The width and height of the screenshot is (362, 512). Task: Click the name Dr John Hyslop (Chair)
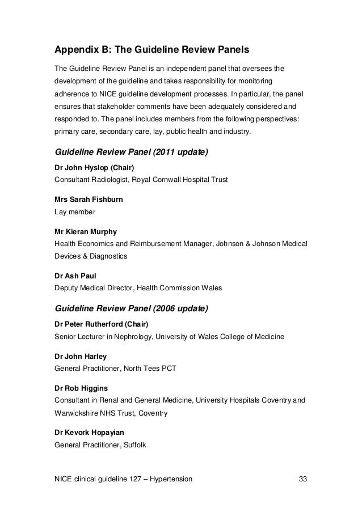pyautogui.click(x=94, y=167)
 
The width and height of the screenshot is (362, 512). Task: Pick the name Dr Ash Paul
pyautogui.click(x=71, y=276)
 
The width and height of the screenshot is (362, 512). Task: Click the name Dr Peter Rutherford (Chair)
pyautogui.click(x=101, y=324)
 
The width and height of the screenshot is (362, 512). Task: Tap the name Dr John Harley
pyautogui.click(x=80, y=356)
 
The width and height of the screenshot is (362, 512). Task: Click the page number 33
pyautogui.click(x=303, y=480)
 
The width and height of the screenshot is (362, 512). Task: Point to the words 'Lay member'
pyautogui.click(x=74, y=212)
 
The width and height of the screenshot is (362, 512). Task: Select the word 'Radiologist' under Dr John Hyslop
pyautogui.click(x=111, y=180)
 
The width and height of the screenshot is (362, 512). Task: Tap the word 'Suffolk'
pyautogui.click(x=133, y=445)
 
